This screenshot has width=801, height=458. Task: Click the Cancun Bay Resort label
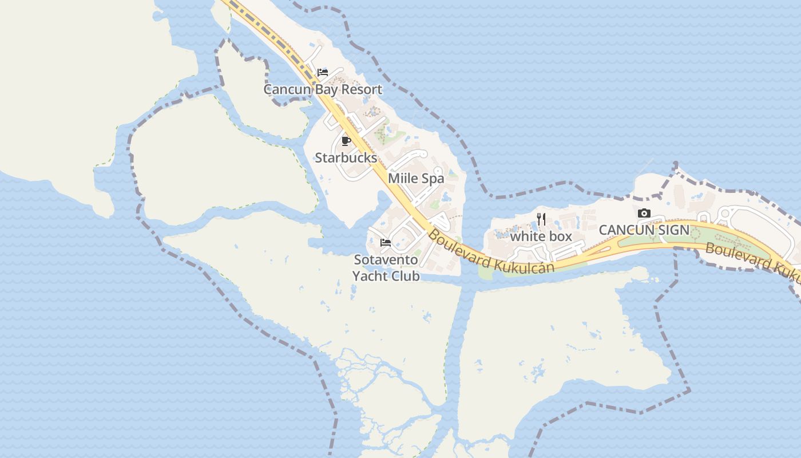coord(323,89)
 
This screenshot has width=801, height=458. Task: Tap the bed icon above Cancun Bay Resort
coord(323,73)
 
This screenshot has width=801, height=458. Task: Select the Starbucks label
coord(346,157)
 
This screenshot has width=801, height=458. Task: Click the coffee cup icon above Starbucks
coord(346,141)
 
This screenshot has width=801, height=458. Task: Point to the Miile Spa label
coord(416,178)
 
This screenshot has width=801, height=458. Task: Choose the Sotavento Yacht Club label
coord(386,267)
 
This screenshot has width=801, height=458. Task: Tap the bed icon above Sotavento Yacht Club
coord(386,243)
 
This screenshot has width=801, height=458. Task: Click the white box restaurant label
coord(541,236)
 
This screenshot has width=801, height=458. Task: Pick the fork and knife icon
coord(541,219)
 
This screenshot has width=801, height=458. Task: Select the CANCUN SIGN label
coord(644,230)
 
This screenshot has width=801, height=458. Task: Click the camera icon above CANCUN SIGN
coord(644,214)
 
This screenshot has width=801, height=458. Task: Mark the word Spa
coord(433,178)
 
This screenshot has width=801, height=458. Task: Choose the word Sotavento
coord(386,259)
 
